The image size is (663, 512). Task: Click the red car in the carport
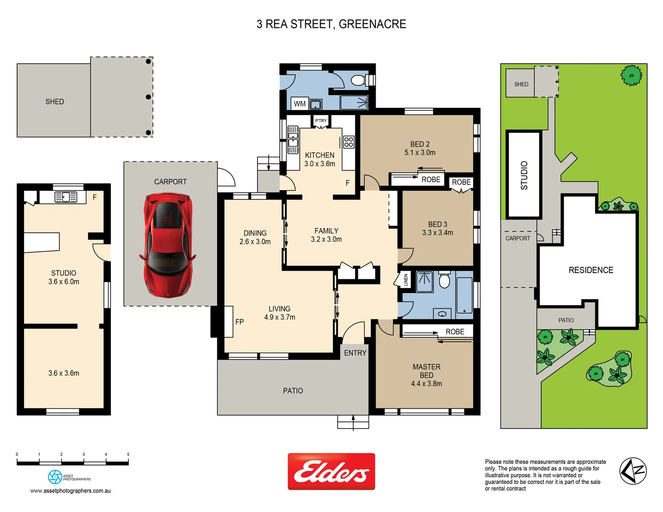coord(167,245)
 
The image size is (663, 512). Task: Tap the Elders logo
coord(331,472)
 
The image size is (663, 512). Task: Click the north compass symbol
coord(633,471)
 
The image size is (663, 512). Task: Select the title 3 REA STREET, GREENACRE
coord(331,24)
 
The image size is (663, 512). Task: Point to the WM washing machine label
coord(299,104)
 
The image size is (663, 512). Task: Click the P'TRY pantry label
coord(321,121)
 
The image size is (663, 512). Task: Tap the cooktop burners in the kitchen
coord(349,142)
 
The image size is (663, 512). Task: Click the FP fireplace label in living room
coord(239,322)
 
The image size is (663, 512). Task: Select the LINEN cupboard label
coord(406,280)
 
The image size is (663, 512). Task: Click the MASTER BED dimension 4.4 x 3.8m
coord(426,384)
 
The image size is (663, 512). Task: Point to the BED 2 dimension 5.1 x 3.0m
coord(420,153)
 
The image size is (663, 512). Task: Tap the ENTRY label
coord(355,353)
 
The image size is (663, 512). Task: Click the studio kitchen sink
coord(65,197)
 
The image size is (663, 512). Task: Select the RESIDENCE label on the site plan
coord(590,270)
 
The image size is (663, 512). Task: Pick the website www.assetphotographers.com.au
coord(70,491)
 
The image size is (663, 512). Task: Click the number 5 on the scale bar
coord(128,455)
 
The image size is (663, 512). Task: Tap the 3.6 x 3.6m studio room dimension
coord(64,374)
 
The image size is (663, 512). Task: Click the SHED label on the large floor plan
coord(55,102)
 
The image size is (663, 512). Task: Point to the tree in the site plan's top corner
coord(631,75)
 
